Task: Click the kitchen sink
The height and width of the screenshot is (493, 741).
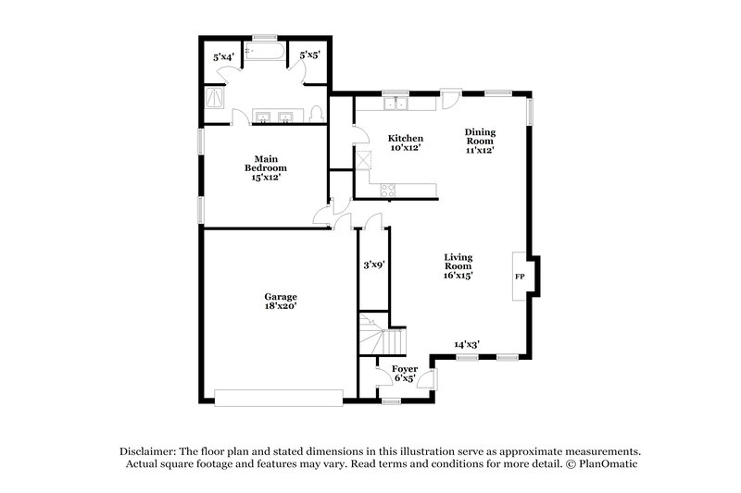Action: [396, 103]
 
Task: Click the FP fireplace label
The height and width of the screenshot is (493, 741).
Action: [519, 277]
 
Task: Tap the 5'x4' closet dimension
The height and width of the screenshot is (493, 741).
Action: [222, 57]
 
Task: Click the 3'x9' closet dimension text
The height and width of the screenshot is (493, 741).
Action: [373, 265]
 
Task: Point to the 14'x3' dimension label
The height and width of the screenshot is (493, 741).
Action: [466, 344]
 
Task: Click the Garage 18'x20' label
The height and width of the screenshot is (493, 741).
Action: [280, 302]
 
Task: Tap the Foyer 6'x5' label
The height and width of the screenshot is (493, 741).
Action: [405, 373]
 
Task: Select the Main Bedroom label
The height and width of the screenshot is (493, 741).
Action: [265, 168]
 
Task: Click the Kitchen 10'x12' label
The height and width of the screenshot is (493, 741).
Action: [405, 142]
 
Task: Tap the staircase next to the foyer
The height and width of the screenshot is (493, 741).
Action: [383, 338]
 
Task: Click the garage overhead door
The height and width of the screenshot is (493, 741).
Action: [279, 397]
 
